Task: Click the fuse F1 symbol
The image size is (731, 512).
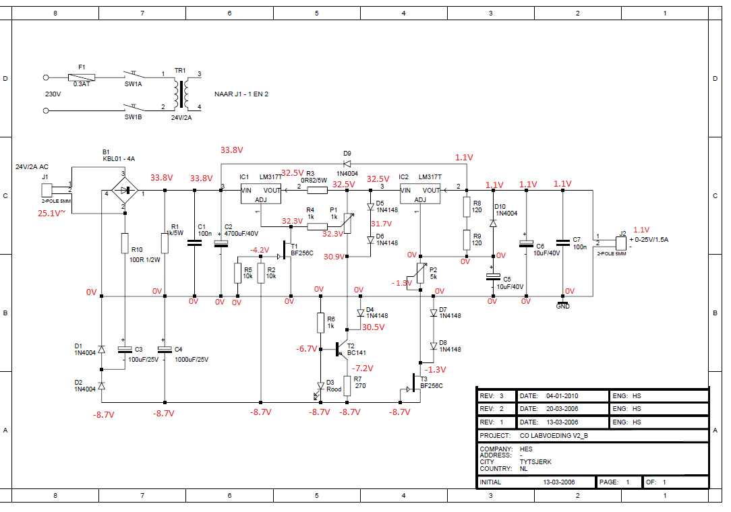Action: (x=82, y=77)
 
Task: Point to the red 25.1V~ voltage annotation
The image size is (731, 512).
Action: (x=51, y=213)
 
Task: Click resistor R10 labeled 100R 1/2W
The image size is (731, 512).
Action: (x=124, y=243)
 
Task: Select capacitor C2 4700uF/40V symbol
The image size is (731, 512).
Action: (x=221, y=243)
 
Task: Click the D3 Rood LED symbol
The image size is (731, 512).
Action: (x=320, y=385)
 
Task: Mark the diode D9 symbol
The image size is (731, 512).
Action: (x=347, y=163)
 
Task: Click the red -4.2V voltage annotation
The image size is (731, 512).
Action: (x=260, y=250)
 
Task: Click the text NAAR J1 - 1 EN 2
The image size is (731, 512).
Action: (x=241, y=94)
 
